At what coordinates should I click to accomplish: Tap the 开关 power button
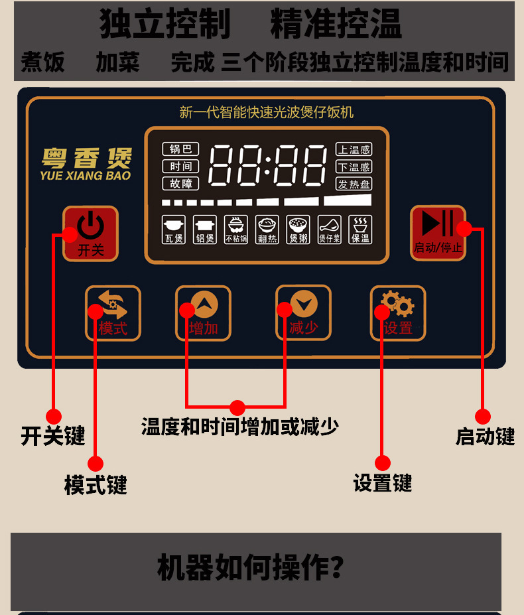pos(90,233)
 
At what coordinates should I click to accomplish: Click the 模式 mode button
pos(113,312)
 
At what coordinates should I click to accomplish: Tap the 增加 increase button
pos(203,312)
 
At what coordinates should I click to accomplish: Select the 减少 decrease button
pos(303,312)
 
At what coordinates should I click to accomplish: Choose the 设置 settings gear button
pos(397,312)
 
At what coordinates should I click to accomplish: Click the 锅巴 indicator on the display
pos(180,149)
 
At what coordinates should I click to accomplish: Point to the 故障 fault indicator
pos(180,184)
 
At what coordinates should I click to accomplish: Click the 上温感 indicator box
pos(354,149)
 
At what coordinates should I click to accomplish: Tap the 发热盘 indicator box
pos(354,184)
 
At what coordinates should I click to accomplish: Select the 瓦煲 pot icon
pos(174,230)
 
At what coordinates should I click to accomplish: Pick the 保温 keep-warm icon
pos(361,230)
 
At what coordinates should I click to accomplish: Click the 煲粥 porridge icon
pos(298,230)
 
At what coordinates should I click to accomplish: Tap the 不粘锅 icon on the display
pos(235,230)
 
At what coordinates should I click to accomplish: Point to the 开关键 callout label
pos(53,436)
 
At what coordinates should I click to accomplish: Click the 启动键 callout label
pos(485,436)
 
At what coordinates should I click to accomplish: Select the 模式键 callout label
pos(96,485)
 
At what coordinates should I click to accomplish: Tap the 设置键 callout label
pos(383,482)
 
